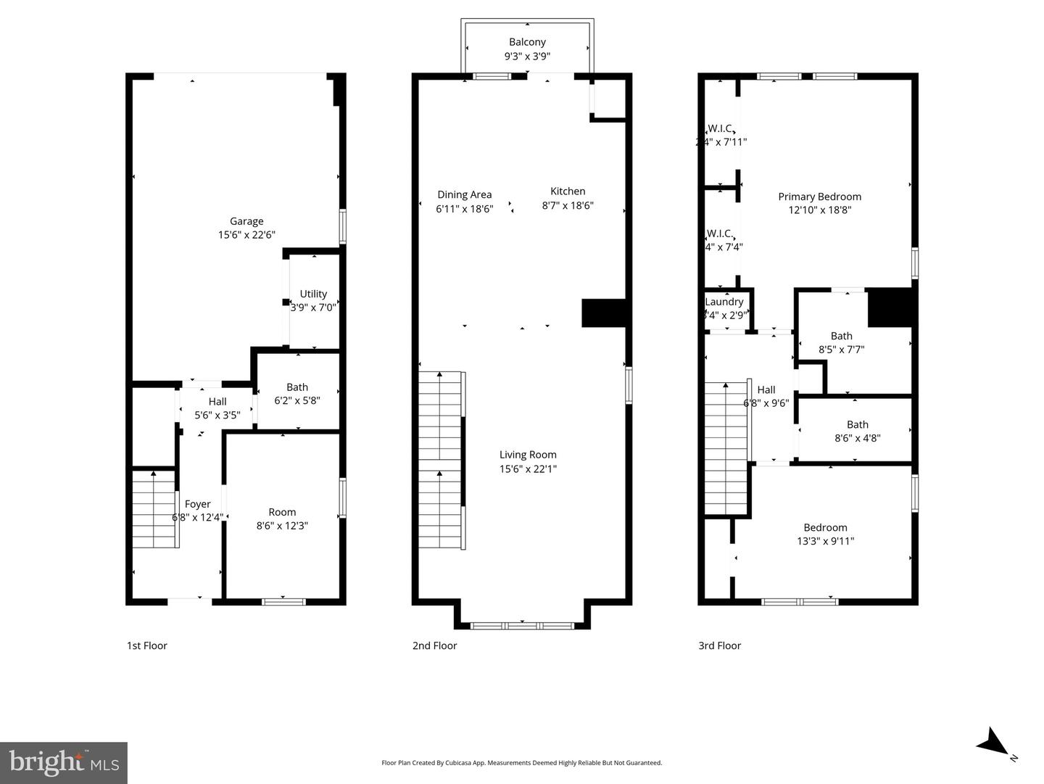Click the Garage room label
246,221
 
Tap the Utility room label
313,294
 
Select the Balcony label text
527,42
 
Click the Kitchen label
568,191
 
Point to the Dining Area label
464,194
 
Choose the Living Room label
528,455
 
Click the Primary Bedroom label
819,197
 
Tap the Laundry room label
724,302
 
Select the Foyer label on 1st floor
197,504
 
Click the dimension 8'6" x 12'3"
282,525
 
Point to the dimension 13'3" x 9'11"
825,541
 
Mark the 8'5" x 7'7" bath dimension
841,350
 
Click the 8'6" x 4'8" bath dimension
857,438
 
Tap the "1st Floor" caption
147,645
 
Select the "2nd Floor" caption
434,645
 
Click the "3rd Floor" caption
719,645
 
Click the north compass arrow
992,743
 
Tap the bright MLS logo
64,762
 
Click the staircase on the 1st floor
154,509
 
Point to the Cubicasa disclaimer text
521,762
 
